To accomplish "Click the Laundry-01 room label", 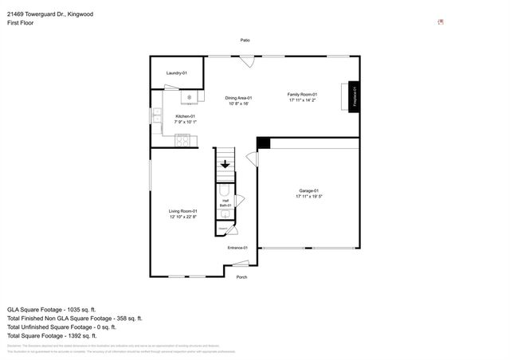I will coord(176,73).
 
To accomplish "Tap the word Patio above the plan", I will coord(245,40).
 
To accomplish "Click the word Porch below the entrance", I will coord(241,277).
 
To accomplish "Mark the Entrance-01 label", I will coord(237,248).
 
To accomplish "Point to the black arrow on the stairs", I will coord(226,165).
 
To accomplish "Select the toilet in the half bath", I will coord(224,192).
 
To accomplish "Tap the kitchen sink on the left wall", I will coord(158,116).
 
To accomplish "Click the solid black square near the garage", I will coord(264,143).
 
